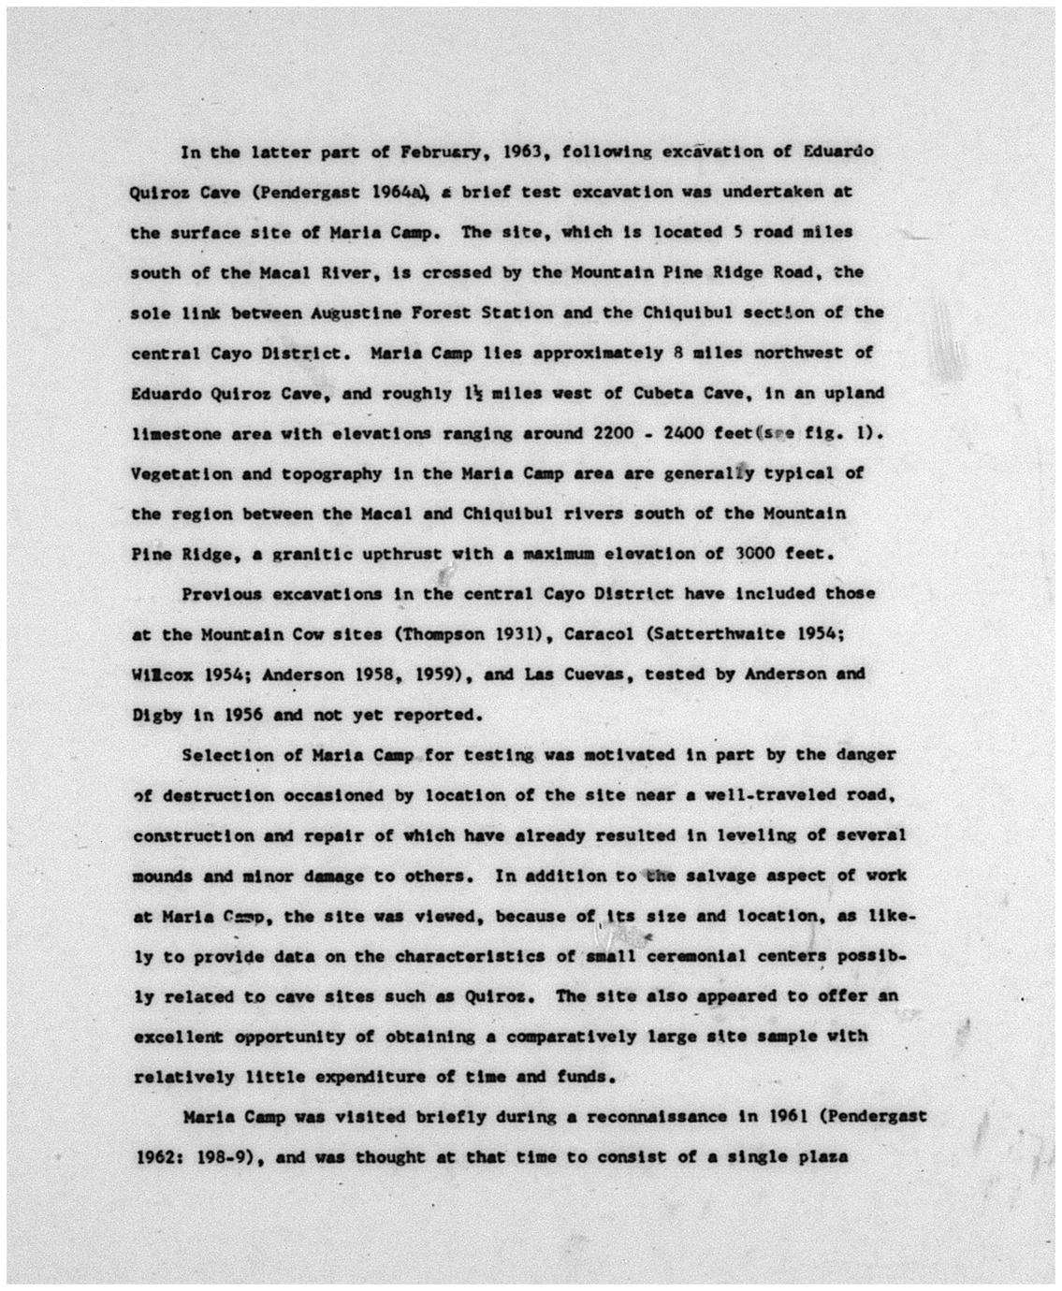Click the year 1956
240,715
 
